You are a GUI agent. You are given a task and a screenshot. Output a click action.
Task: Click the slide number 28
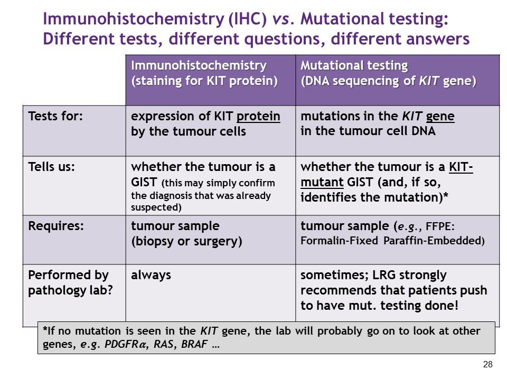[x=487, y=365]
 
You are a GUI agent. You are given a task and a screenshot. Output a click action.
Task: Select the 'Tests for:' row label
[x=55, y=116]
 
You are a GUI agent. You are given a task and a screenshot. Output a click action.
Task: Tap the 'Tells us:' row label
[x=51, y=167]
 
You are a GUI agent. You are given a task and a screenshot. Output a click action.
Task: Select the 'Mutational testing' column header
[x=354, y=66]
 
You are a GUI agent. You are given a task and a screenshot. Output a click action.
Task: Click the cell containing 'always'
[x=151, y=275]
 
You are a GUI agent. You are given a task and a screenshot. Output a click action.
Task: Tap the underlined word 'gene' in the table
[x=440, y=116]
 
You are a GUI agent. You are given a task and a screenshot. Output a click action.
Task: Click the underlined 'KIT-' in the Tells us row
[x=461, y=167]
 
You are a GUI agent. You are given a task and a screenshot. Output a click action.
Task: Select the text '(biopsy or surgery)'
[x=186, y=241]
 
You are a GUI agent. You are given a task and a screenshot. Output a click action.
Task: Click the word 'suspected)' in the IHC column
[x=156, y=207]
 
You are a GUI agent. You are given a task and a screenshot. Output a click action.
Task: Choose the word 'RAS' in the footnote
[x=158, y=346]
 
